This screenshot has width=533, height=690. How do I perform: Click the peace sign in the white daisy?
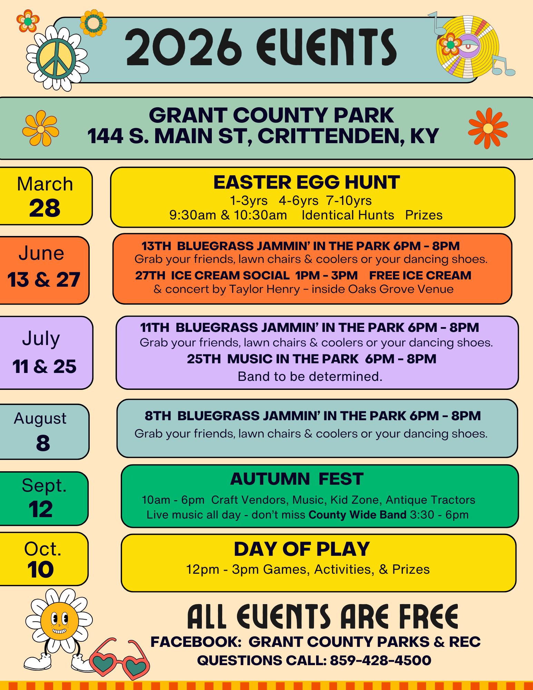pyautogui.click(x=56, y=58)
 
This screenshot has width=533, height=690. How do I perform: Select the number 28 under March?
pyautogui.click(x=45, y=208)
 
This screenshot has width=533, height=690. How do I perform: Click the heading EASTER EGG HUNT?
pyautogui.click(x=306, y=182)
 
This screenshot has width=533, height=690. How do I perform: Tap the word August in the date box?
pyautogui.click(x=40, y=418)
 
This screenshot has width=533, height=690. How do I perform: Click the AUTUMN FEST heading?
pyautogui.click(x=297, y=479)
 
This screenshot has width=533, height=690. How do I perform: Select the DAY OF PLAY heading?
pyautogui.click(x=302, y=549)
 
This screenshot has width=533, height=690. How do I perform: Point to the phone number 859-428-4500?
pyautogui.click(x=381, y=660)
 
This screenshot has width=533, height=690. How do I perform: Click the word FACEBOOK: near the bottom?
pyautogui.click(x=196, y=642)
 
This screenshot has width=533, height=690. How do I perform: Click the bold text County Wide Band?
pyautogui.click(x=357, y=515)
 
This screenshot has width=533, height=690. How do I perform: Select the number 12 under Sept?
pyautogui.click(x=41, y=509)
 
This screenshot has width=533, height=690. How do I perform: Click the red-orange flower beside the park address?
pyautogui.click(x=488, y=128)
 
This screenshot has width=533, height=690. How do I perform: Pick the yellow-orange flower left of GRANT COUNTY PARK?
pyautogui.click(x=41, y=128)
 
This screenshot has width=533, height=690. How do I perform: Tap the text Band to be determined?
pyautogui.click(x=310, y=376)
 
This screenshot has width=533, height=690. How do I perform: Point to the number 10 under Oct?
pyautogui.click(x=41, y=569)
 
